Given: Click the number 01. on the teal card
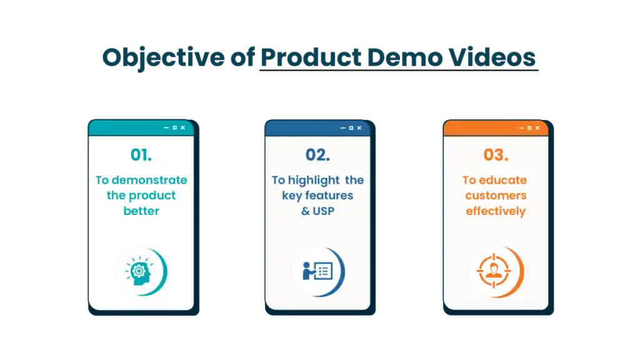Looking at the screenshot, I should click(141, 154).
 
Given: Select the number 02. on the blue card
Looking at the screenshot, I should click(317, 154).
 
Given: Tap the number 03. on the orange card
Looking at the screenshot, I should click(496, 154).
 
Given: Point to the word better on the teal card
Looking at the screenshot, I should click(141, 211).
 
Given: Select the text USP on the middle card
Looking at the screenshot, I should click(324, 211).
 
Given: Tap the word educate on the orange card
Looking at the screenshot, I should click(502, 180).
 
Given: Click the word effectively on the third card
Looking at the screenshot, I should click(496, 211).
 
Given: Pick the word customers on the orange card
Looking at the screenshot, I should click(496, 196).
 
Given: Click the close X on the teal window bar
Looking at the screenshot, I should click(183, 128).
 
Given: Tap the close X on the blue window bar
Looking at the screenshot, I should click(360, 128).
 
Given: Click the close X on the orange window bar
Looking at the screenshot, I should click(538, 128).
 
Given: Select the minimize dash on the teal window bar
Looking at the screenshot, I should click(166, 128).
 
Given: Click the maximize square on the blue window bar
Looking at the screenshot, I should click(351, 128).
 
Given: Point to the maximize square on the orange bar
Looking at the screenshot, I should click(529, 128).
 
